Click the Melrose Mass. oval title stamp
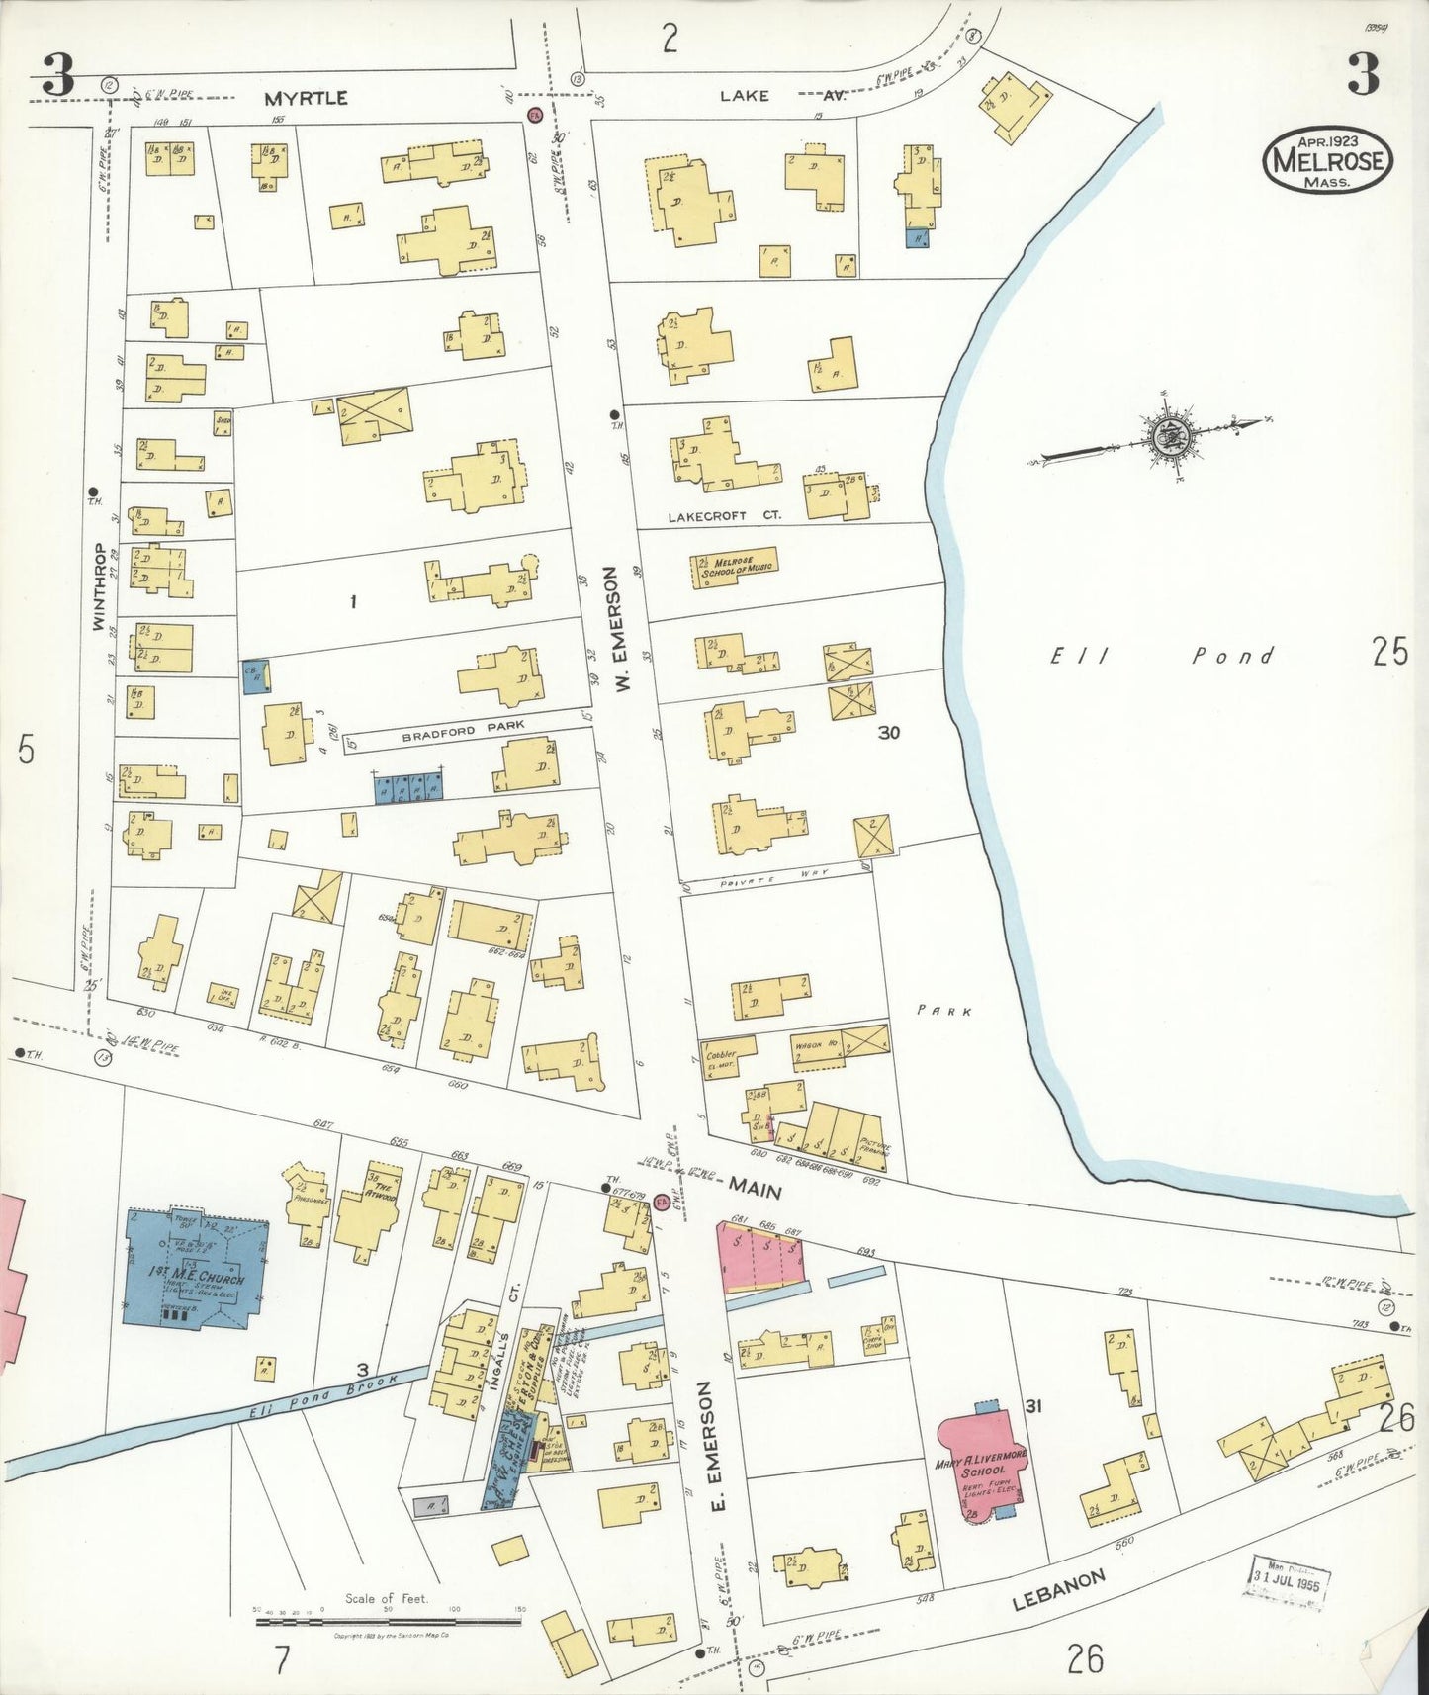point(1327,160)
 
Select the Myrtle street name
point(306,98)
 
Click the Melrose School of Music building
point(735,567)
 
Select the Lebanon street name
point(1058,1590)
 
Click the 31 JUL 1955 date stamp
point(1286,1572)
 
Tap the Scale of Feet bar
point(388,1621)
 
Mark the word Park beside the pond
point(944,1011)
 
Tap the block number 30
point(888,733)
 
